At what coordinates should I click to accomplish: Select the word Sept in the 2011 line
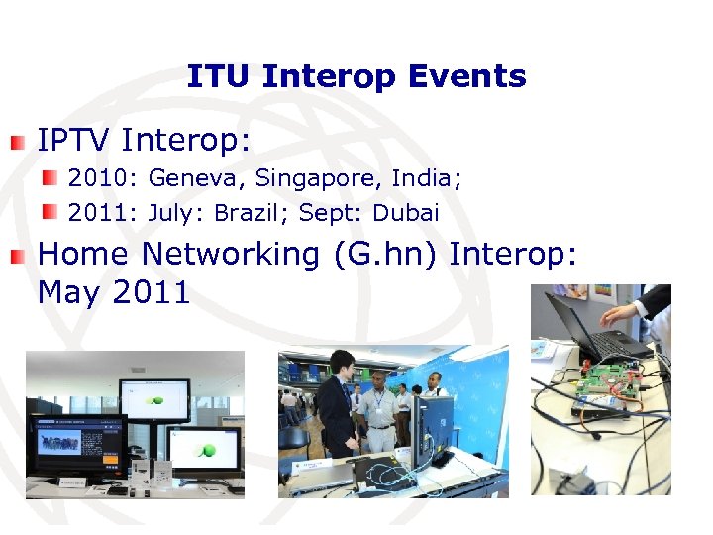pos(331,212)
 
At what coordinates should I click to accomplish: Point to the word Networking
pos(230,254)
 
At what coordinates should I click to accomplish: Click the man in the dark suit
pos(338,405)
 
